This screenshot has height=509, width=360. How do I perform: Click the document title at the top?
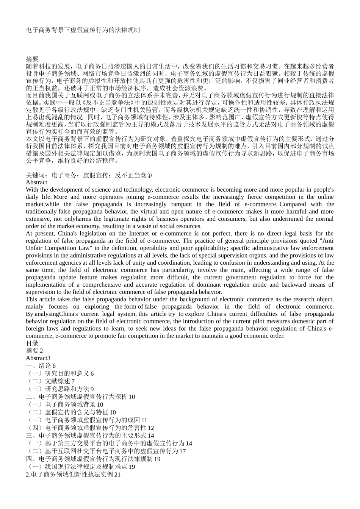pyautogui.click(x=83, y=30)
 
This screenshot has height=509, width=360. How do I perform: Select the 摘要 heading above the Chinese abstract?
pyautogui.click(x=32, y=59)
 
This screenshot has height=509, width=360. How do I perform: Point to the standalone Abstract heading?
pyautogui.click(x=36, y=182)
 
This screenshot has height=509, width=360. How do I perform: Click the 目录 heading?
pyautogui.click(x=32, y=343)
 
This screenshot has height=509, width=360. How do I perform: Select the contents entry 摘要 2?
pyautogui.click(x=34, y=351)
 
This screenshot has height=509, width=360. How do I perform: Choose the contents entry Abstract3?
pyautogui.click(x=38, y=358)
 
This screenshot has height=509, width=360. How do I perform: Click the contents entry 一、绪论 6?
pyautogui.click(x=41, y=366)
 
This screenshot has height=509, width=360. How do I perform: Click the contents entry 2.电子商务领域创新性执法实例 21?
pyautogui.click(x=73, y=475)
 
